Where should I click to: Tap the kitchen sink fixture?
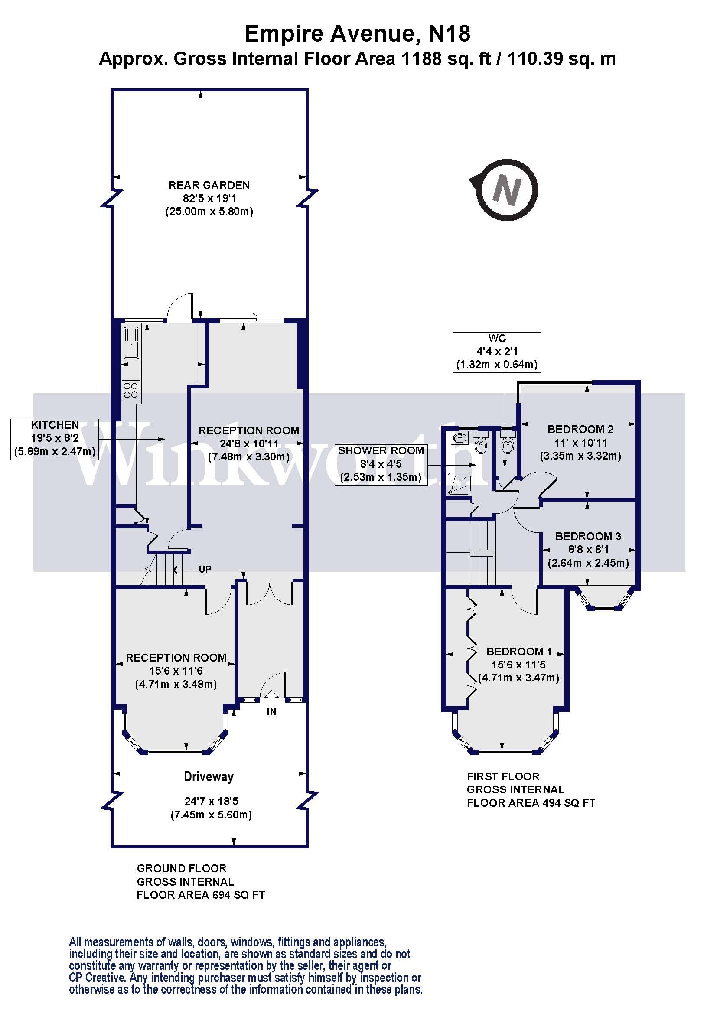coord(131,343)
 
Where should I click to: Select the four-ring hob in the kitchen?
coord(130,390)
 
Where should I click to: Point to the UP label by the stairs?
coord(205,569)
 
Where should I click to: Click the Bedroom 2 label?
coord(580,429)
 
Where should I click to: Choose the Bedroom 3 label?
coord(588,536)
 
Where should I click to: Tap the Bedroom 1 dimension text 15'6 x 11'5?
coord(518,664)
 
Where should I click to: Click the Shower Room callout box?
coord(381,464)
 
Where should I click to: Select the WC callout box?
coord(496,352)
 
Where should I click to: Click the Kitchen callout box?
coord(55,439)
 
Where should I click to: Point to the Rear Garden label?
coord(209,185)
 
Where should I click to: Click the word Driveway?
coord(209,776)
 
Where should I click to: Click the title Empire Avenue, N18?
coord(358,34)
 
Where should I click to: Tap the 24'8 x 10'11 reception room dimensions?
coord(249,443)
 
